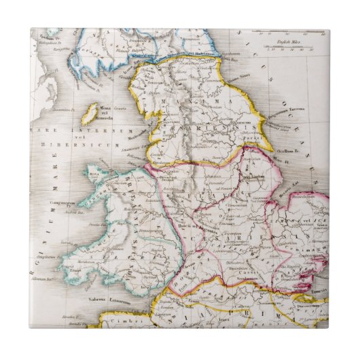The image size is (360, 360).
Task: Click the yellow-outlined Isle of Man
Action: (x=88, y=113)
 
